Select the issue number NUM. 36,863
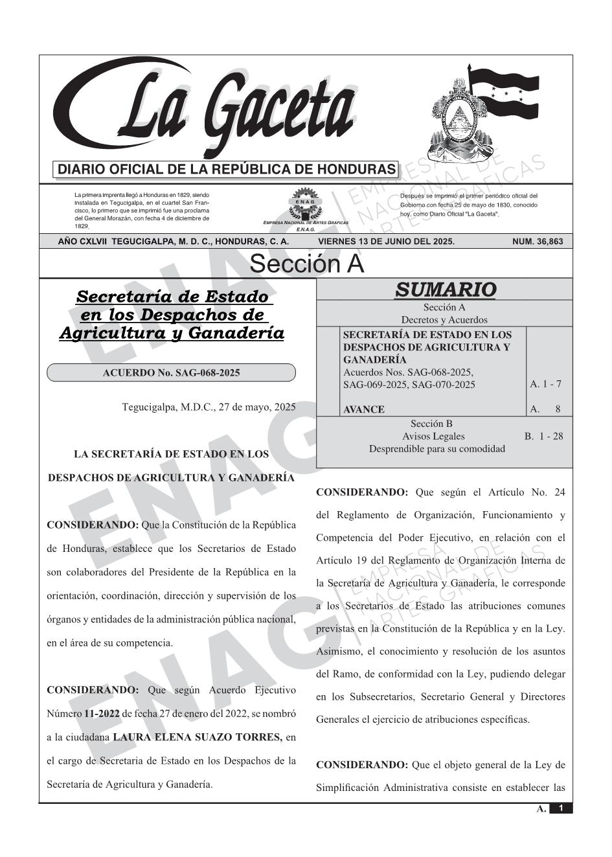tap(537, 242)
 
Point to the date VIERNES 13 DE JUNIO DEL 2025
tap(386, 242)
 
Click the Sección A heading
tap(306, 264)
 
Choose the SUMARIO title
tap(445, 290)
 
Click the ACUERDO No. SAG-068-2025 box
tap(171, 372)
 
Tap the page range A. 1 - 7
tap(545, 384)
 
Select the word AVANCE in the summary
tap(363, 409)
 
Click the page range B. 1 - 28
tap(543, 436)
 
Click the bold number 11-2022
tap(101, 714)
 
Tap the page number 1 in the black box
tap(561, 808)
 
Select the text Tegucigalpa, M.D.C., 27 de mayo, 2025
tap(209, 407)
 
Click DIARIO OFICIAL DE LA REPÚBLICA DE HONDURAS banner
tap(226, 170)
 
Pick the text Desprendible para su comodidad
tap(436, 448)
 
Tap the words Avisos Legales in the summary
tap(433, 436)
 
